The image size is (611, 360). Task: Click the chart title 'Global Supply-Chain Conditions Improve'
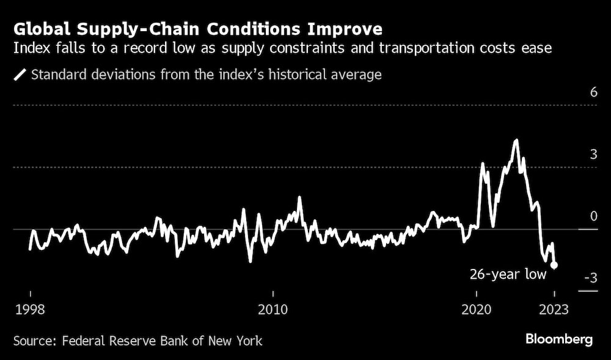pos(199,29)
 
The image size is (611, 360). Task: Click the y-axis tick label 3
pos(593,155)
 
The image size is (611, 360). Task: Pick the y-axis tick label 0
pos(593,217)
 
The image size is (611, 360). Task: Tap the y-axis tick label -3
pos(590,279)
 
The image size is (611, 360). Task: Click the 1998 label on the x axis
pos(29,309)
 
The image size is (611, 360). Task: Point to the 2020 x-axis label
pos(476,309)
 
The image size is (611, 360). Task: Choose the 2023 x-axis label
pos(554,309)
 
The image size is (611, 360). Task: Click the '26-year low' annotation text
pos(508,275)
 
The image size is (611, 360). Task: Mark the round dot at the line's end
pos(554,265)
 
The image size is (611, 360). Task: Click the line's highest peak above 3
pos(516,141)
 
